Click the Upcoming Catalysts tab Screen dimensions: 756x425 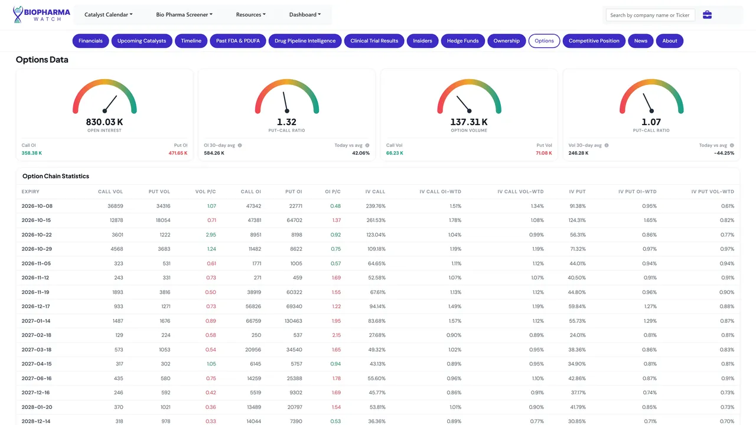pyautogui.click(x=142, y=41)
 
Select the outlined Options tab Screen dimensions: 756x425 pyautogui.click(x=544, y=41)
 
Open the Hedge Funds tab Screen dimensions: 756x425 pyautogui.click(x=462, y=41)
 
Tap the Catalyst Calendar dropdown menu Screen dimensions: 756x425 pyautogui.click(x=108, y=15)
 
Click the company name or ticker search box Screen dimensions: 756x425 pyautogui.click(x=650, y=15)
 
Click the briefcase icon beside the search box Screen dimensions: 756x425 pyautogui.click(x=707, y=15)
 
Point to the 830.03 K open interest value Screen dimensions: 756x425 pyautogui.click(x=105, y=122)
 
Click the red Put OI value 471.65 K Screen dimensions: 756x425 pyautogui.click(x=178, y=153)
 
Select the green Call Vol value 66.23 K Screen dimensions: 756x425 pyautogui.click(x=395, y=153)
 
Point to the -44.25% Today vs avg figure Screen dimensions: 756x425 pyautogui.click(x=724, y=153)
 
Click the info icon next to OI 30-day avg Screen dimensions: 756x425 pyautogui.click(x=240, y=145)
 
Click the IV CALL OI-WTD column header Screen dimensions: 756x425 pyautogui.click(x=440, y=192)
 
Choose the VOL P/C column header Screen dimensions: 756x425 pyautogui.click(x=205, y=192)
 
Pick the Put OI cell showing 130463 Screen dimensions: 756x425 pyautogui.click(x=294, y=321)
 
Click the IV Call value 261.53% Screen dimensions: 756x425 pyautogui.click(x=376, y=220)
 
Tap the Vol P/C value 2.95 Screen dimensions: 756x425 pyautogui.click(x=211, y=235)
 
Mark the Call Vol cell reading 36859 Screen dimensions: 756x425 pyautogui.click(x=115, y=206)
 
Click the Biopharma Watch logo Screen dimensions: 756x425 pyautogui.click(x=41, y=15)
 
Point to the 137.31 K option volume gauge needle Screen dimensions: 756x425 pyautogui.click(x=464, y=104)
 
